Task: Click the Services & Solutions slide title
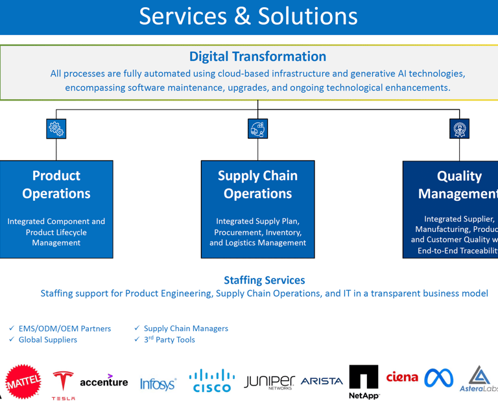click(248, 16)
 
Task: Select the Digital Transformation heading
click(257, 56)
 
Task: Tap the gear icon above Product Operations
click(56, 129)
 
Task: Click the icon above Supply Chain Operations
click(258, 129)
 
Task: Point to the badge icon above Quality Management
click(459, 129)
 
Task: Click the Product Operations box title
click(56, 185)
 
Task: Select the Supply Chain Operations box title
click(257, 185)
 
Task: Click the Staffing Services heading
click(264, 280)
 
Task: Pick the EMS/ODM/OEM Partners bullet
click(64, 328)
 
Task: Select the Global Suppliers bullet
click(47, 339)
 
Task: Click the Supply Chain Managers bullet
click(185, 328)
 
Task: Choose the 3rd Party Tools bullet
click(169, 339)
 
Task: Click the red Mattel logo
click(23, 382)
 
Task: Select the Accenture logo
click(104, 382)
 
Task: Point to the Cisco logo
click(212, 381)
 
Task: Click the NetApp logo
click(363, 382)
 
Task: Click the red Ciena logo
click(402, 376)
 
